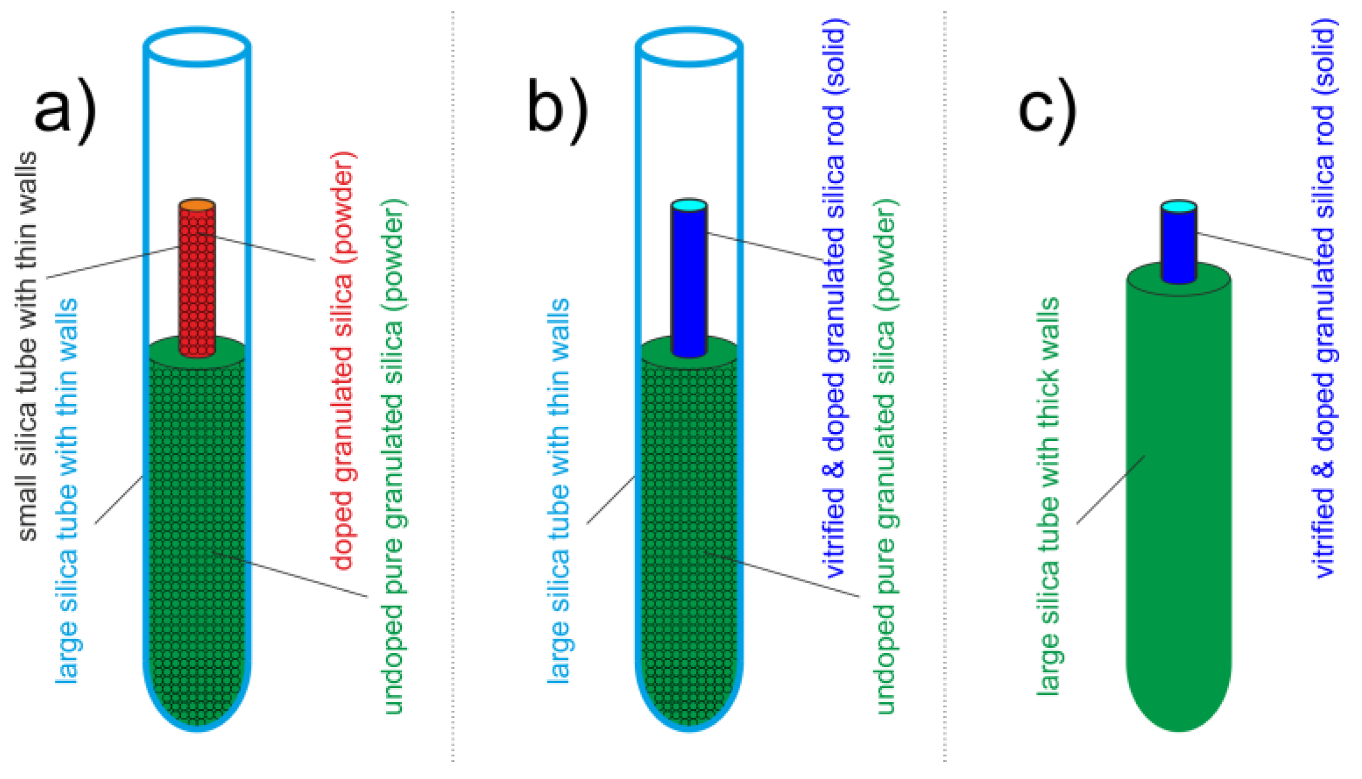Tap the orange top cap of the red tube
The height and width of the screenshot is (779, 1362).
click(x=197, y=205)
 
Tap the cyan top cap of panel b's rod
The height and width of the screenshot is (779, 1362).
click(x=689, y=205)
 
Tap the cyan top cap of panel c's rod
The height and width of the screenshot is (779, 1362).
click(x=1178, y=206)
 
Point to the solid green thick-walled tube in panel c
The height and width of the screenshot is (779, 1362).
click(x=1178, y=496)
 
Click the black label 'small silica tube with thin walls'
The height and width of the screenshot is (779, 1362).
click(x=27, y=347)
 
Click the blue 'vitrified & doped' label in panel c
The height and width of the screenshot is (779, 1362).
click(x=1325, y=297)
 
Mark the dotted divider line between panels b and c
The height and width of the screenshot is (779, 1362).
click(x=945, y=385)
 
